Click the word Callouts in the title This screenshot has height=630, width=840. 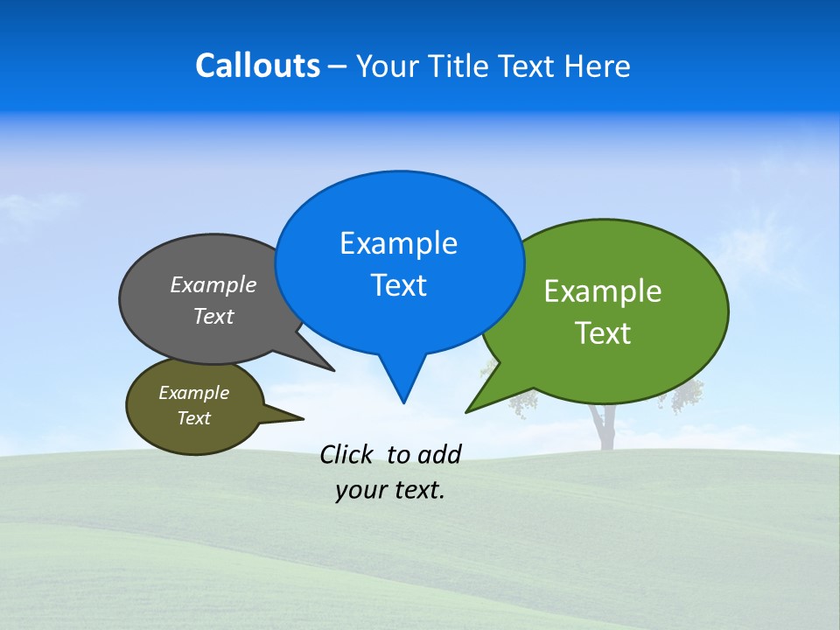point(257,66)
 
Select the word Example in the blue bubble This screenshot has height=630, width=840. point(398,243)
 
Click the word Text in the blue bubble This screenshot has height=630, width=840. point(398,285)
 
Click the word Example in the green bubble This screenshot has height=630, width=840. point(603,291)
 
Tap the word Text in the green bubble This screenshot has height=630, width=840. point(603,333)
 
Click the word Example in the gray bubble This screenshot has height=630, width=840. point(213,284)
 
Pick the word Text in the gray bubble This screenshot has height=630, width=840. point(213,316)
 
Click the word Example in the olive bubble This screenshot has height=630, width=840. point(193,393)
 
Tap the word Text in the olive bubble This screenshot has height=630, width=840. point(193,418)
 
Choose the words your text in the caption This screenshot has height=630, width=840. point(390,491)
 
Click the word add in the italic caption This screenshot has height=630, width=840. point(439,454)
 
